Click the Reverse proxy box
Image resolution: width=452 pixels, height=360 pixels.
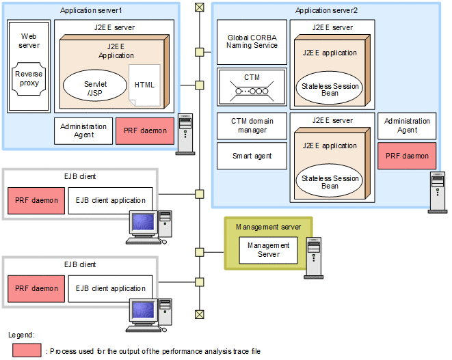point(29,79)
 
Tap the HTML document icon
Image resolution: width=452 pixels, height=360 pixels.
point(144,85)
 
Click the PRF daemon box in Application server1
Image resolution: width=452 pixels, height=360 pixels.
point(144,130)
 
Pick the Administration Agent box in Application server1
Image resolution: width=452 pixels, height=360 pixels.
point(83,130)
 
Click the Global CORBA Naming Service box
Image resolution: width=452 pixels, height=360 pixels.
point(252,41)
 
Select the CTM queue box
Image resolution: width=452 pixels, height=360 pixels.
point(252,85)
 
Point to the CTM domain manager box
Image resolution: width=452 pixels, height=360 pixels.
point(252,125)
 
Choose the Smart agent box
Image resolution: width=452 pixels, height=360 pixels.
point(252,156)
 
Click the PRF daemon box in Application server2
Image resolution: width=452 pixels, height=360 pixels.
point(407,156)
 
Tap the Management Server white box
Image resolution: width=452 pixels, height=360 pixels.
point(268,250)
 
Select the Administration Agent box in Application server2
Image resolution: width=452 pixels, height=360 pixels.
point(407,125)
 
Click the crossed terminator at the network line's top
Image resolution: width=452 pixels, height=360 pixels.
point(199,7)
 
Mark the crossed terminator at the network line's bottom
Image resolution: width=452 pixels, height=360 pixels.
point(199,314)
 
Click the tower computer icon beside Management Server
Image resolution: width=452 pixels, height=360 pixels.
point(313,258)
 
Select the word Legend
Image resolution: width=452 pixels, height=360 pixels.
point(21,335)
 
